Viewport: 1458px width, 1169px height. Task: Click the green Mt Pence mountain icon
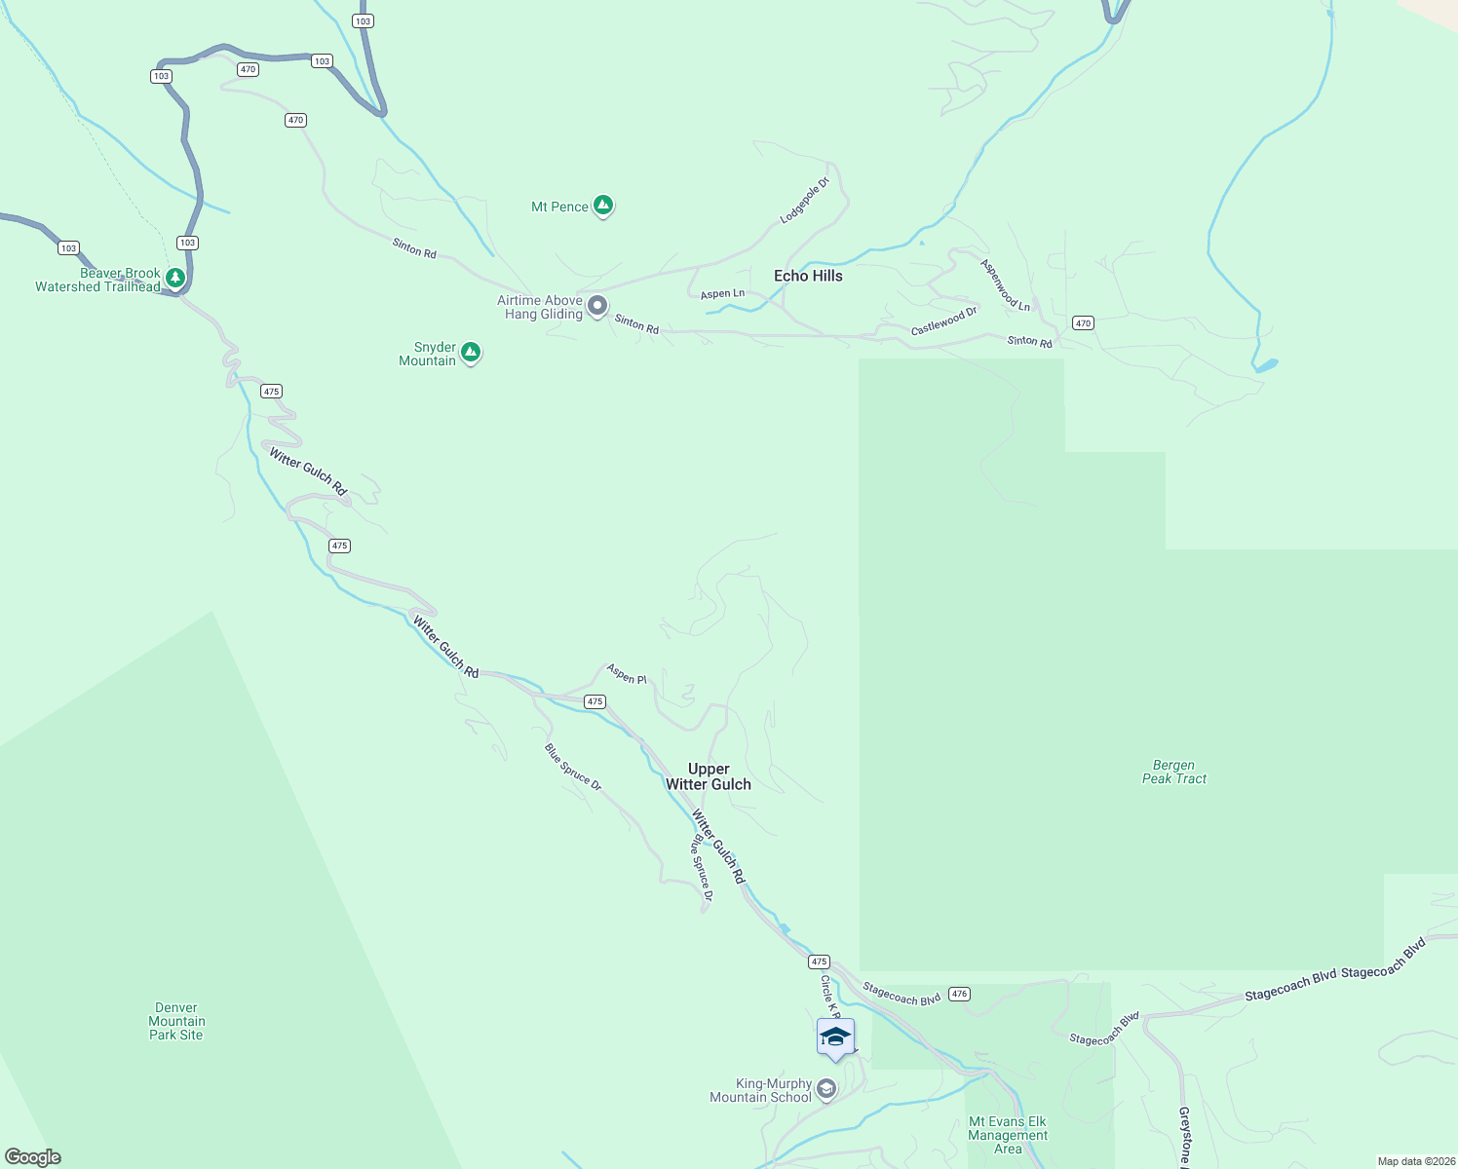point(603,206)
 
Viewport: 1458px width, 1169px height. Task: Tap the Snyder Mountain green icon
point(471,352)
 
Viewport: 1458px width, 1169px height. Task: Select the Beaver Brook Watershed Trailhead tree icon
point(175,279)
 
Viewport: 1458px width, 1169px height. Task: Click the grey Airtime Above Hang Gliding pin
point(597,307)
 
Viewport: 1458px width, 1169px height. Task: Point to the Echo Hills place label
point(808,276)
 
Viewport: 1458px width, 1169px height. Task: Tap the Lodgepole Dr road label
point(805,201)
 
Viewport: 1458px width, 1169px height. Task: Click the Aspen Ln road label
point(722,293)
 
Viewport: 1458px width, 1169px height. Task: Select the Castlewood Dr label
point(943,321)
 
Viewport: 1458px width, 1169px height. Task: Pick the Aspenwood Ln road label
point(1005,284)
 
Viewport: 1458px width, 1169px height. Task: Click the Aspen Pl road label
point(627,673)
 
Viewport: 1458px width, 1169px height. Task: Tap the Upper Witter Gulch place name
point(709,776)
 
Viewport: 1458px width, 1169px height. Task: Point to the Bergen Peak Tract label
point(1174,772)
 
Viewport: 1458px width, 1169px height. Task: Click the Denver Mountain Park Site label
point(176,1021)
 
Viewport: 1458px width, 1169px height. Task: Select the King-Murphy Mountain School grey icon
point(826,1088)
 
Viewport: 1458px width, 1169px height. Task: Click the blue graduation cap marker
point(835,1037)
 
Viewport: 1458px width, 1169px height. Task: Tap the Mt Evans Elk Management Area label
point(1008,1135)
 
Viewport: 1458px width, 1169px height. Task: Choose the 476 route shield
point(960,994)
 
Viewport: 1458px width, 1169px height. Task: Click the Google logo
point(33,1157)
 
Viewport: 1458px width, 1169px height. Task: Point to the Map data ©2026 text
point(1416,1161)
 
